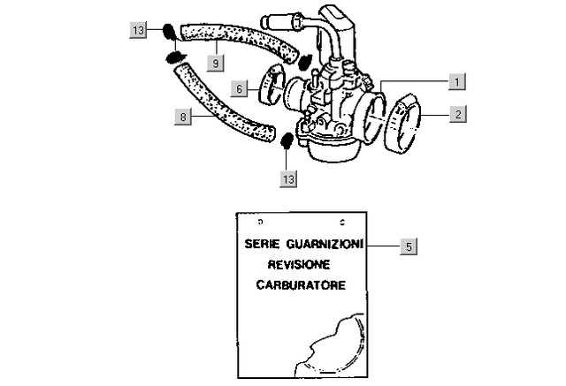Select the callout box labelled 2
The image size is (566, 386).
(x=456, y=114)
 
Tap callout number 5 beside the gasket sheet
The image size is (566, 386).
(x=407, y=246)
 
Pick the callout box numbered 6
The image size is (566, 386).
(x=239, y=87)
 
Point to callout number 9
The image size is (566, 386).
(x=215, y=63)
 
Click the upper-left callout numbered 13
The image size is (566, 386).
(x=139, y=31)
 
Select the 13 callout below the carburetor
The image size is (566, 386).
(x=288, y=178)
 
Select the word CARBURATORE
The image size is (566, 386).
(x=302, y=285)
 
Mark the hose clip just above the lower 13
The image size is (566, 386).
(x=287, y=141)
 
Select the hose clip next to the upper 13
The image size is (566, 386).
(x=167, y=33)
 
